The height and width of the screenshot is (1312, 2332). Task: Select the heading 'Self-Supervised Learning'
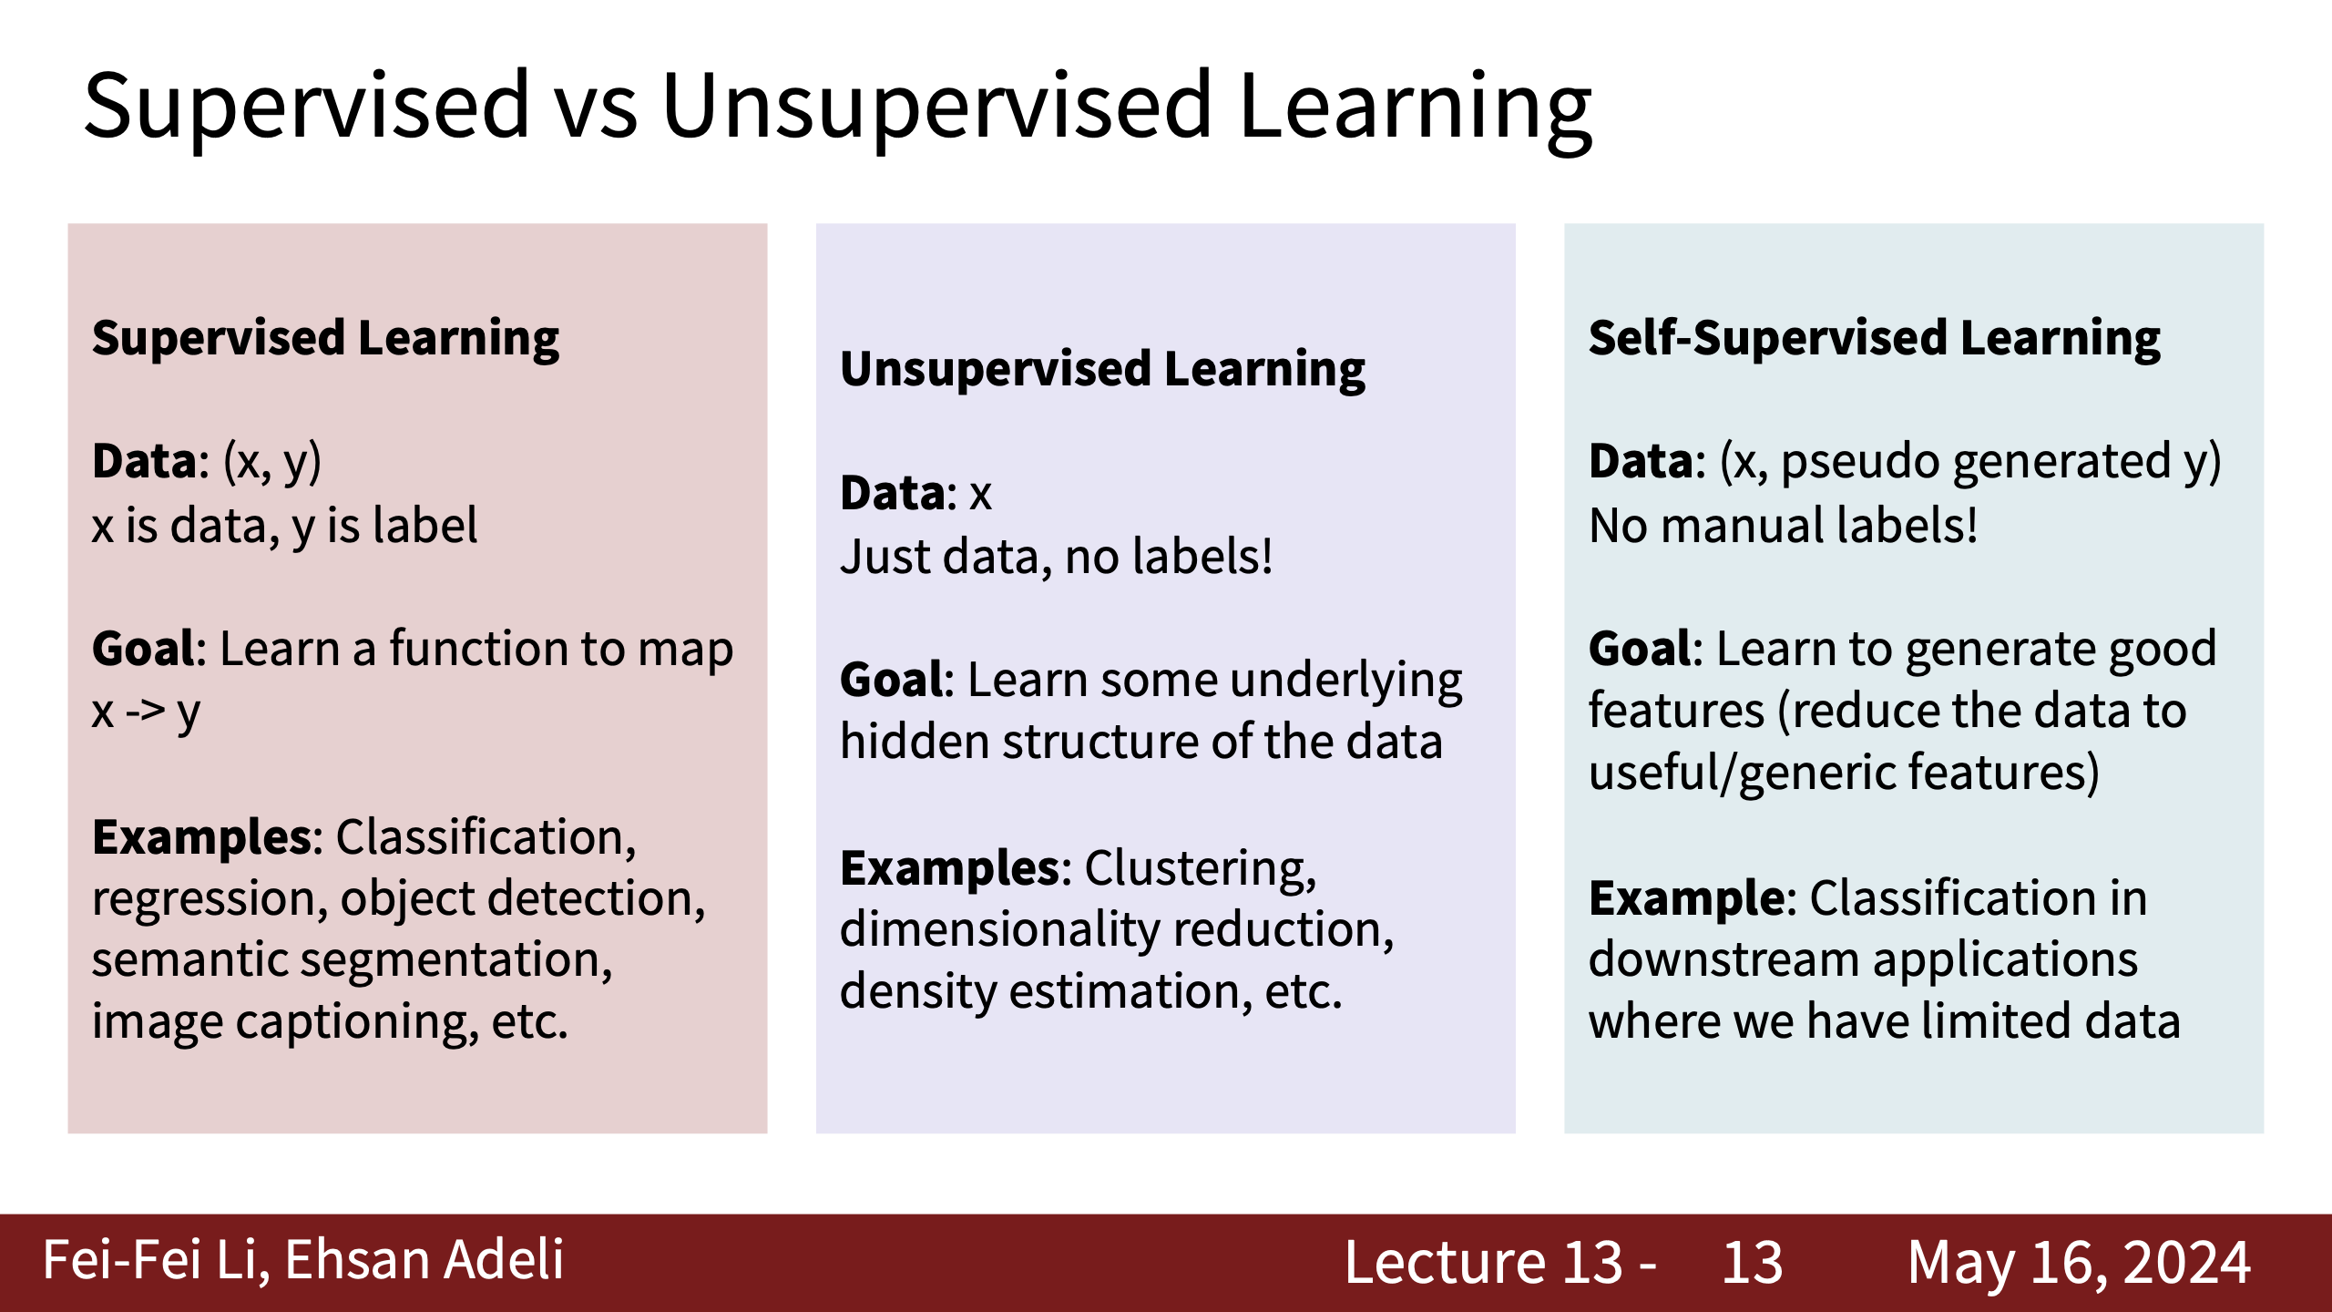pyautogui.click(x=1875, y=339)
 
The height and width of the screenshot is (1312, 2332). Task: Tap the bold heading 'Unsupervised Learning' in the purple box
pyautogui.click(x=1102, y=370)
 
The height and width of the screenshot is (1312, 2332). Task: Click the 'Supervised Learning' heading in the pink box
pyautogui.click(x=326, y=339)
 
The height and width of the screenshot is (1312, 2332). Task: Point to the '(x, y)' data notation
pyautogui.click(x=272, y=462)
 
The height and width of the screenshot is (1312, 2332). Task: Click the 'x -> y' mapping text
pyautogui.click(x=146, y=712)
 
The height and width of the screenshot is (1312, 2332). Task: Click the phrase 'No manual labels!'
pyautogui.click(x=1784, y=526)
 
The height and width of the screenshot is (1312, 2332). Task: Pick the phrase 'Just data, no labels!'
pyautogui.click(x=1057, y=557)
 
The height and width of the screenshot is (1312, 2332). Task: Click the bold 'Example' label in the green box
pyautogui.click(x=1687, y=899)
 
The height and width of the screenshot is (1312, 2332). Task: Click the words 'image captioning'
pyautogui.click(x=285, y=1022)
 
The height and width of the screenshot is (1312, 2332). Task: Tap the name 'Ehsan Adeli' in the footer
pyautogui.click(x=424, y=1261)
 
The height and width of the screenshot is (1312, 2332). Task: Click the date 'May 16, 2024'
pyautogui.click(x=2079, y=1263)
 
